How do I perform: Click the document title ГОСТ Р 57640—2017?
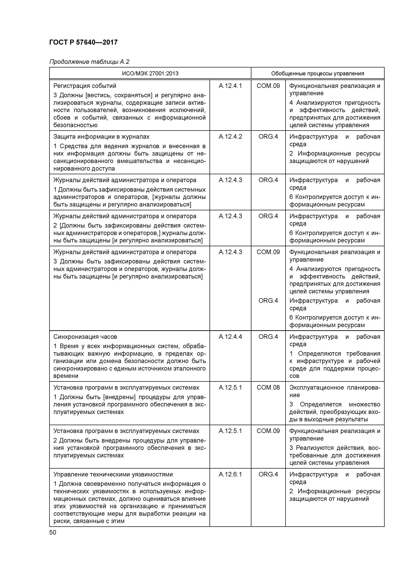pos(83,42)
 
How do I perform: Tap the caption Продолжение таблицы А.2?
pos(89,62)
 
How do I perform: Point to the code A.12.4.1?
pos(230,86)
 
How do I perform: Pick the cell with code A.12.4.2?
pos(230,137)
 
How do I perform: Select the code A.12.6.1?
pos(230,474)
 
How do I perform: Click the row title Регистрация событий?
pos(85,86)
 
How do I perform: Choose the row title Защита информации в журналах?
pos(101,137)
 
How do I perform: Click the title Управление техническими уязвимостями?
pos(113,474)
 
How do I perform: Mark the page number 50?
pos(53,532)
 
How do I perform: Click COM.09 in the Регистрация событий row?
pos(268,86)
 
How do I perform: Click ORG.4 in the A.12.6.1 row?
pos(268,474)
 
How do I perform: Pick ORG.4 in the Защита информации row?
pos(268,137)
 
